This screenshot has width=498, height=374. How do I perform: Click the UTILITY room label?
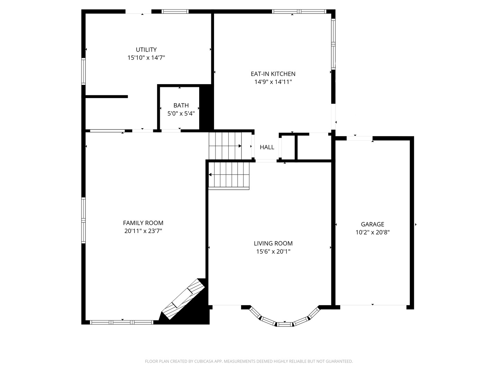coord(146,50)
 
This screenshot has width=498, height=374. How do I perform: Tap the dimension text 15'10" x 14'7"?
coord(146,58)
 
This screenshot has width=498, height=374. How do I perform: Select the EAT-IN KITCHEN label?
coord(273,74)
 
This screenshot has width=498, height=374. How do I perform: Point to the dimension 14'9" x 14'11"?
coord(273,82)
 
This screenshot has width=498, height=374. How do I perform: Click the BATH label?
coord(181,105)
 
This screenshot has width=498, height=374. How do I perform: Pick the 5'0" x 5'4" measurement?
coord(181,114)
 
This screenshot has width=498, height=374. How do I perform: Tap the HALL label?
coord(267,147)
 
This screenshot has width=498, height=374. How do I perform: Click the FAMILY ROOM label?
coord(143,223)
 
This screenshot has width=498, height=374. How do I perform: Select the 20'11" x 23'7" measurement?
coord(143,231)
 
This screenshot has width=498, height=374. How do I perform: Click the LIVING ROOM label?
coord(273,243)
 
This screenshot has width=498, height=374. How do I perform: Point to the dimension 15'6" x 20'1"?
coord(273,252)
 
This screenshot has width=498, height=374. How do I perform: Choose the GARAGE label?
coord(372,224)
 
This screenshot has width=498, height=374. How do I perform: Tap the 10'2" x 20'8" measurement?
coord(372,233)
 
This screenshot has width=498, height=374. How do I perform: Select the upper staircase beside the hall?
coord(225,146)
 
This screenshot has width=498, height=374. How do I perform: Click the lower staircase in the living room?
coord(229,175)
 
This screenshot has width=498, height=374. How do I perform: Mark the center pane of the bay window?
coord(285,324)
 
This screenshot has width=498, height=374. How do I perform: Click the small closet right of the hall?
coord(288,147)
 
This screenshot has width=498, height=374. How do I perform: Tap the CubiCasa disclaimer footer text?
coord(249,361)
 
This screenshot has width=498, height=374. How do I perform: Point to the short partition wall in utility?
coord(107,97)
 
